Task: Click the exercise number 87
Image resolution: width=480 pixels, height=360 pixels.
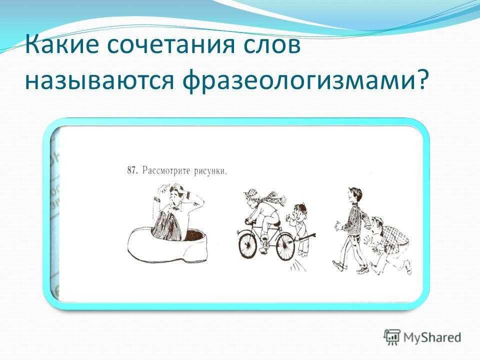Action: (131, 170)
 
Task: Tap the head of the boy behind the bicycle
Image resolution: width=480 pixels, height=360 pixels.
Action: (300, 211)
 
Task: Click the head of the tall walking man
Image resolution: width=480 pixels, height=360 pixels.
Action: (355, 196)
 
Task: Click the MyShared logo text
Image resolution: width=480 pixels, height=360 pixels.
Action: (432, 337)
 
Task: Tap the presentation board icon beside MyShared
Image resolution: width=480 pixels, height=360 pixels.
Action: (392, 337)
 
